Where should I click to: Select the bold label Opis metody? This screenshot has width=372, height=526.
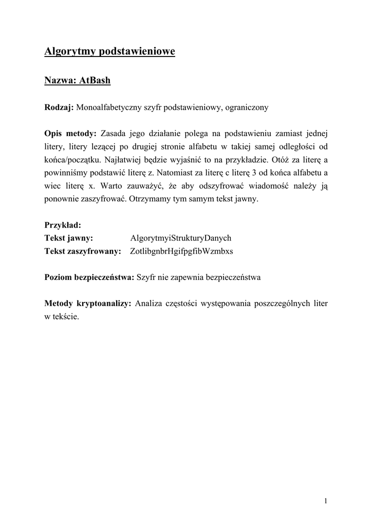point(70,134)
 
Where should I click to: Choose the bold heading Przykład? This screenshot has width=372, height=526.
point(63,224)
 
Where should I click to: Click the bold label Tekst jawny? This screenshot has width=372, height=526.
point(68,238)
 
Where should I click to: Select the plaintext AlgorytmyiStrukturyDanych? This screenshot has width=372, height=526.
point(181,238)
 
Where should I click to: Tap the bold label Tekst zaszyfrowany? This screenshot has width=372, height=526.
point(83,251)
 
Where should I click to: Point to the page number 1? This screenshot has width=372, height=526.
point(326,501)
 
